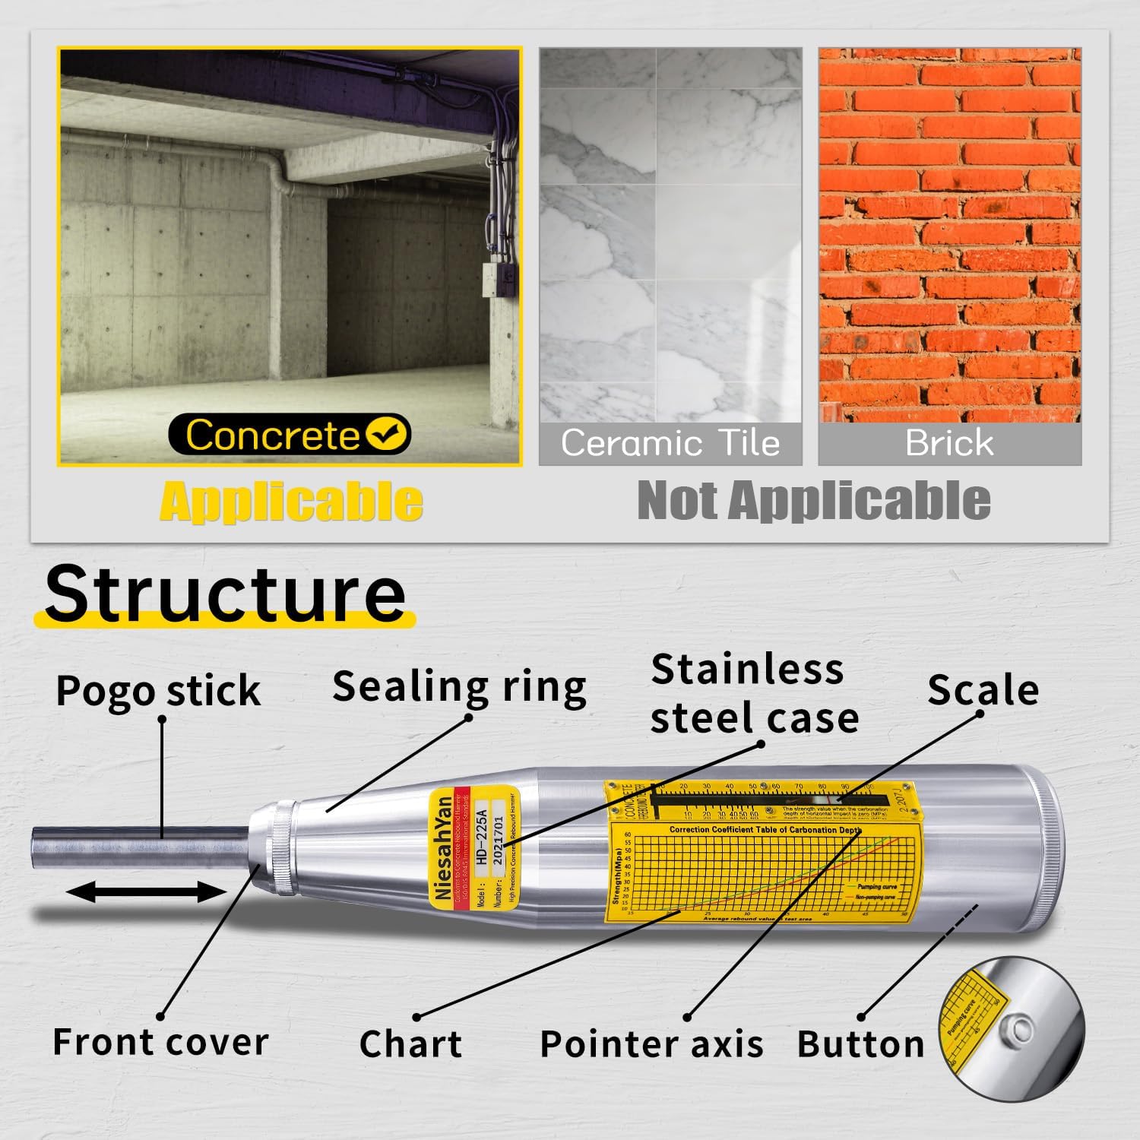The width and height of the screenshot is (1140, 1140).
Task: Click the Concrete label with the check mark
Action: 289,435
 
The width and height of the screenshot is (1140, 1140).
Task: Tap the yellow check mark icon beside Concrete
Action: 388,434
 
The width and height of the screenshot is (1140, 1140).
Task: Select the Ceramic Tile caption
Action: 670,443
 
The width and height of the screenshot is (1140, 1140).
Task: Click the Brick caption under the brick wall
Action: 949,443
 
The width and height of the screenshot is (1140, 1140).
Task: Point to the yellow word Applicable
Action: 291,502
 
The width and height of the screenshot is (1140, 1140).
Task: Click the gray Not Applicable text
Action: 813,501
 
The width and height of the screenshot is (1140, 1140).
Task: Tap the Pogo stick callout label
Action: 158,691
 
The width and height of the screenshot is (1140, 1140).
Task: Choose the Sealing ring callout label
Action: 459,687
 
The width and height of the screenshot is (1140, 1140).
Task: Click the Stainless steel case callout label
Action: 754,694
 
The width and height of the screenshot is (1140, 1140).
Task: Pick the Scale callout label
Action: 983,690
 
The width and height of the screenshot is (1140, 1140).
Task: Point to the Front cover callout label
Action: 160,1042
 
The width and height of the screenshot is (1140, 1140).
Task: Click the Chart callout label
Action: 410,1044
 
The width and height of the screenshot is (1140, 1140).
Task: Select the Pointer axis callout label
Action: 651,1044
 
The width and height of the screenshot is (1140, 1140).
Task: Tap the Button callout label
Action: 860,1044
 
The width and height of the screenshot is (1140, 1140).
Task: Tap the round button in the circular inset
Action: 1014,1025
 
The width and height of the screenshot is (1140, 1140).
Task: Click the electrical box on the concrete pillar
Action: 496,280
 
